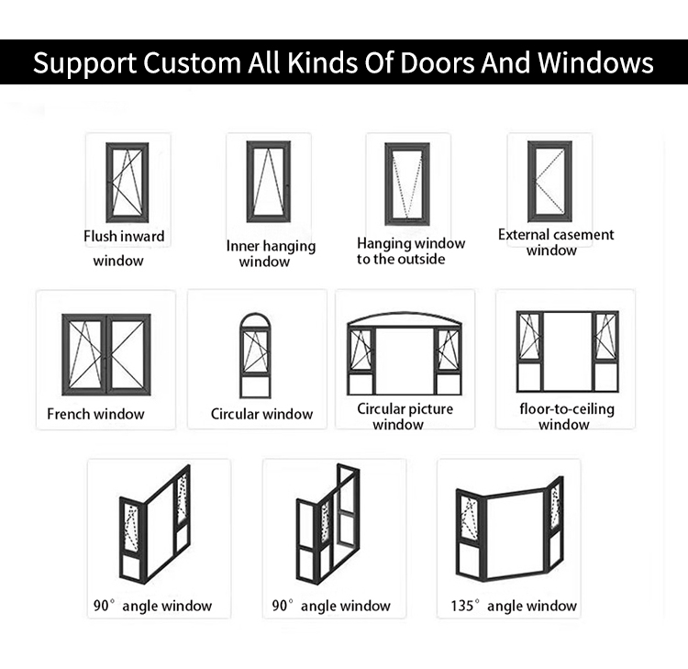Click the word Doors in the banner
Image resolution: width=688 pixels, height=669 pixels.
pos(437,62)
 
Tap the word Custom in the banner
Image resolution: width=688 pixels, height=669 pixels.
pos(192,62)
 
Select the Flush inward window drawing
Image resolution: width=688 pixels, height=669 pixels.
pos(128,183)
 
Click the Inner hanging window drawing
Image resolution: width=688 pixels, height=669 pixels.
pos(269,182)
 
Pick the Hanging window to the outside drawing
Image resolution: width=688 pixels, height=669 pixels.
pos(407,184)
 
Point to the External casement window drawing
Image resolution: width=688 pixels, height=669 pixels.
pos(549,182)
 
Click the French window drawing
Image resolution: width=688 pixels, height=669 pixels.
pos(106,355)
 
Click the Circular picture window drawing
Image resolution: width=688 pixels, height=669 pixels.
pos(405,354)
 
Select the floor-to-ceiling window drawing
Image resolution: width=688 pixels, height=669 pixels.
pos(568,351)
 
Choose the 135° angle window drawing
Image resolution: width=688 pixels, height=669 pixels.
pos(509,529)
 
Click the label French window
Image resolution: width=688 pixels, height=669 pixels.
pos(95,414)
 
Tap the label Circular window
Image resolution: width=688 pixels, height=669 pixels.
pos(262,414)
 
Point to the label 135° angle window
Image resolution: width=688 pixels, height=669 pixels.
pos(514,606)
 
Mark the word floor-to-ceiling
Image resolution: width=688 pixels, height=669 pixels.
pos(567,409)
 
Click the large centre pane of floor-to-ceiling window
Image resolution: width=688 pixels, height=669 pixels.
pos(568,351)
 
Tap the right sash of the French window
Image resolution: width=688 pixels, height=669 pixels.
pos(128,355)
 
